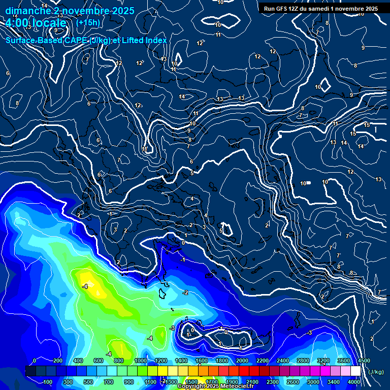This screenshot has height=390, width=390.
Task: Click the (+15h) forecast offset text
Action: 88,23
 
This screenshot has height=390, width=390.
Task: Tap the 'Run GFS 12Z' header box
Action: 320,9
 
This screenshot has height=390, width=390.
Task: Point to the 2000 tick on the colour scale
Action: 242,361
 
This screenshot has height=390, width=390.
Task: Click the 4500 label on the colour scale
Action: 364,361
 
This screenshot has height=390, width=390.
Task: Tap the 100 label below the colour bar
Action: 48,382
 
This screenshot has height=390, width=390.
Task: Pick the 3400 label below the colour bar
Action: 333,382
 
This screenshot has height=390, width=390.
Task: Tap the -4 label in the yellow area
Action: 85,287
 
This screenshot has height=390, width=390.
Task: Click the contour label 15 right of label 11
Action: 367,125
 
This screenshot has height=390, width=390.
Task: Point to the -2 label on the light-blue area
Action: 185,292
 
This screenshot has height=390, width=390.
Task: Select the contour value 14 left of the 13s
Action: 182,96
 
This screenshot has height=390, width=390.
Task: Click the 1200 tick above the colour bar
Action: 161,361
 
